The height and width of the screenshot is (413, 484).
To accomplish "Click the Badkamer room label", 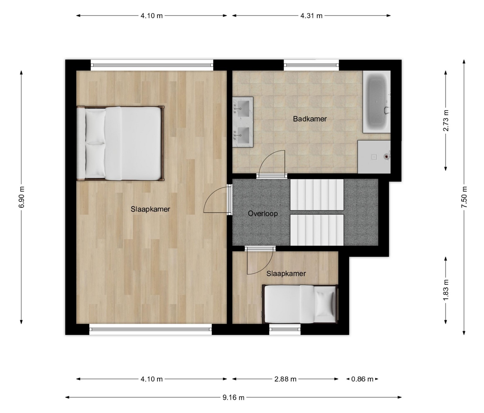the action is click(x=309, y=119).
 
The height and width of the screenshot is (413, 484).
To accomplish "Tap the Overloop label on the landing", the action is click(x=263, y=213).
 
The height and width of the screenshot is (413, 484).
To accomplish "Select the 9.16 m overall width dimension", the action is click(x=233, y=397).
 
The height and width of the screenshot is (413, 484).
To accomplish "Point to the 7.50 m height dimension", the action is click(x=464, y=197).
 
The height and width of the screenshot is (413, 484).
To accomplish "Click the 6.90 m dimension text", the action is click(x=22, y=197).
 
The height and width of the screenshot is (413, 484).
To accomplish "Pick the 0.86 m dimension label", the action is click(x=362, y=379).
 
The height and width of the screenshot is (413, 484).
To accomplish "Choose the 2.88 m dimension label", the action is click(x=285, y=379).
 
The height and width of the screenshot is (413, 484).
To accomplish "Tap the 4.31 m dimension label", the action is click(x=311, y=16).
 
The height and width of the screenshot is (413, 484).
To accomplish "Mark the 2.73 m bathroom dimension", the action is click(x=446, y=120).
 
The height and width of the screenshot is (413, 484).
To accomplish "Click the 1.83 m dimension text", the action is click(x=446, y=290).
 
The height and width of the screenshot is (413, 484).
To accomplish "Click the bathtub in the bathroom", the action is click(x=377, y=102).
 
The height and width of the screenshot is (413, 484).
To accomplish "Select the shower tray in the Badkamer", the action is click(x=374, y=157).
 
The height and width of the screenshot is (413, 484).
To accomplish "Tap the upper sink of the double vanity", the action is click(x=243, y=109).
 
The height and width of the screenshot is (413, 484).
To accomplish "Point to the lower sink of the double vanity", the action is click(x=243, y=135).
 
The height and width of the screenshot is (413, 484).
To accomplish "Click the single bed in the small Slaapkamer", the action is click(x=300, y=304).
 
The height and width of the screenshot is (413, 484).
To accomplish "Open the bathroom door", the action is click(x=272, y=164).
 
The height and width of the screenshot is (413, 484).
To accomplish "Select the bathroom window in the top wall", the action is click(x=312, y=65).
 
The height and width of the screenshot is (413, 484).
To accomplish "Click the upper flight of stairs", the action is click(x=317, y=194).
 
